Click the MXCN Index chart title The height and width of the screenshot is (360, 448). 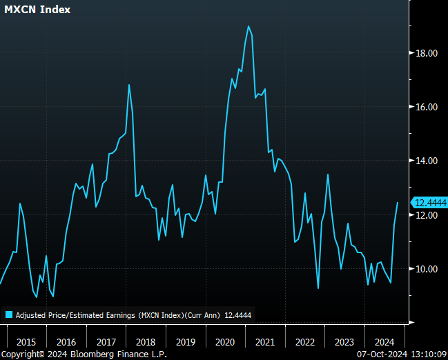[37, 10]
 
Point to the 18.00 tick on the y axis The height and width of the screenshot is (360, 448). [425, 53]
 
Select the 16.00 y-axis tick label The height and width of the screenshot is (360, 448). [425, 107]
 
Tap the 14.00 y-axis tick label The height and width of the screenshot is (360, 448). [425, 161]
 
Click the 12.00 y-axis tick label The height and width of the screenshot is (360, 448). [425, 215]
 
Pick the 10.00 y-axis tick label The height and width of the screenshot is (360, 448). [425, 269]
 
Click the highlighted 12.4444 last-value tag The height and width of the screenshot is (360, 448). [428, 202]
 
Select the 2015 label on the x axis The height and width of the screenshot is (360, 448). [26, 342]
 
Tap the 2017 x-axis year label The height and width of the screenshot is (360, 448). [106, 342]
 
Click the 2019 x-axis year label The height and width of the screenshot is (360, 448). [186, 342]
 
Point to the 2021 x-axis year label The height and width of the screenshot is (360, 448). [266, 342]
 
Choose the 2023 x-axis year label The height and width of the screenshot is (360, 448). [345, 342]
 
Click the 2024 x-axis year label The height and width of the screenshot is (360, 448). [385, 342]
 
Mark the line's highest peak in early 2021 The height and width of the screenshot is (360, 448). [249, 26]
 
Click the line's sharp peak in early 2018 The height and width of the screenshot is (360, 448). [129, 85]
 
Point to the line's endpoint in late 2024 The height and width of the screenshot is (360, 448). [398, 202]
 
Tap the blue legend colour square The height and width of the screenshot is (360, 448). [9, 314]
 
